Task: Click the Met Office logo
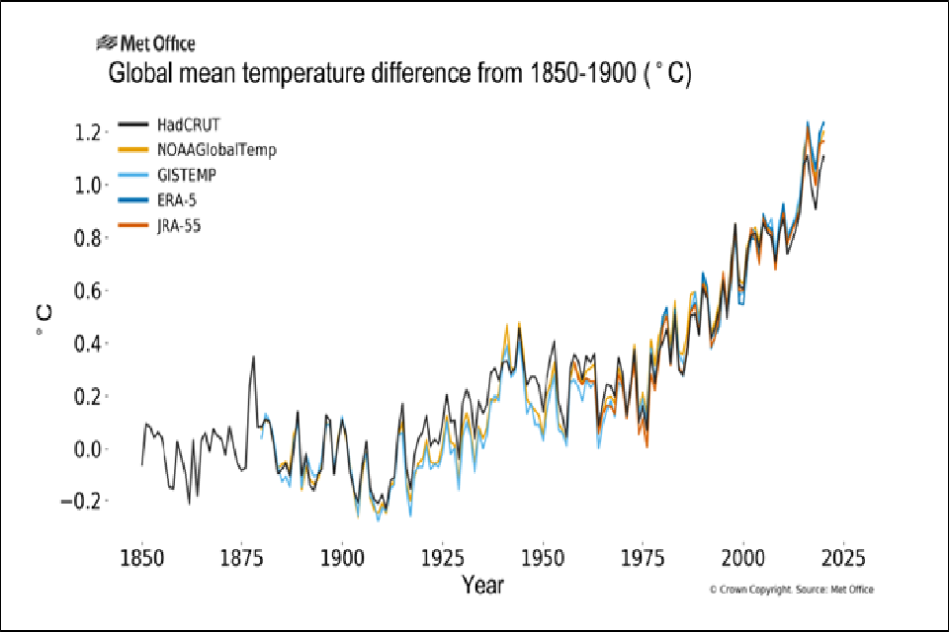click(x=145, y=43)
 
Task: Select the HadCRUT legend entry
click(x=188, y=124)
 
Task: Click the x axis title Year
click(x=482, y=586)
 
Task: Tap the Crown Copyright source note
click(x=791, y=590)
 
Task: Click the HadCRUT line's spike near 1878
click(x=253, y=357)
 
